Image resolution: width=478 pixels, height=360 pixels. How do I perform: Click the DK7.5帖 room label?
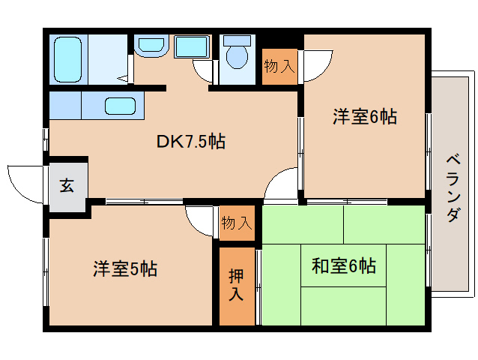point(191,141)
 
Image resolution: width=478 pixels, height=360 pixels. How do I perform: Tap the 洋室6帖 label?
point(364,116)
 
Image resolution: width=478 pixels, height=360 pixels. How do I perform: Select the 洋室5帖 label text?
point(125,268)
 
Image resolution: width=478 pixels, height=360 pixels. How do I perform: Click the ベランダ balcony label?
point(452,187)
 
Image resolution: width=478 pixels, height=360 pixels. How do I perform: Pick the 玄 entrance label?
point(67,186)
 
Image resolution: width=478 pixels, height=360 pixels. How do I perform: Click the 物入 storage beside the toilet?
point(279,67)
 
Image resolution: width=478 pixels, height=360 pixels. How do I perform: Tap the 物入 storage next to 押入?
point(236,223)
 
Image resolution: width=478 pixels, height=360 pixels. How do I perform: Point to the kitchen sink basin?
point(120,106)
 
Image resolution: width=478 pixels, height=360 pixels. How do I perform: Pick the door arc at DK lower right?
point(282,184)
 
